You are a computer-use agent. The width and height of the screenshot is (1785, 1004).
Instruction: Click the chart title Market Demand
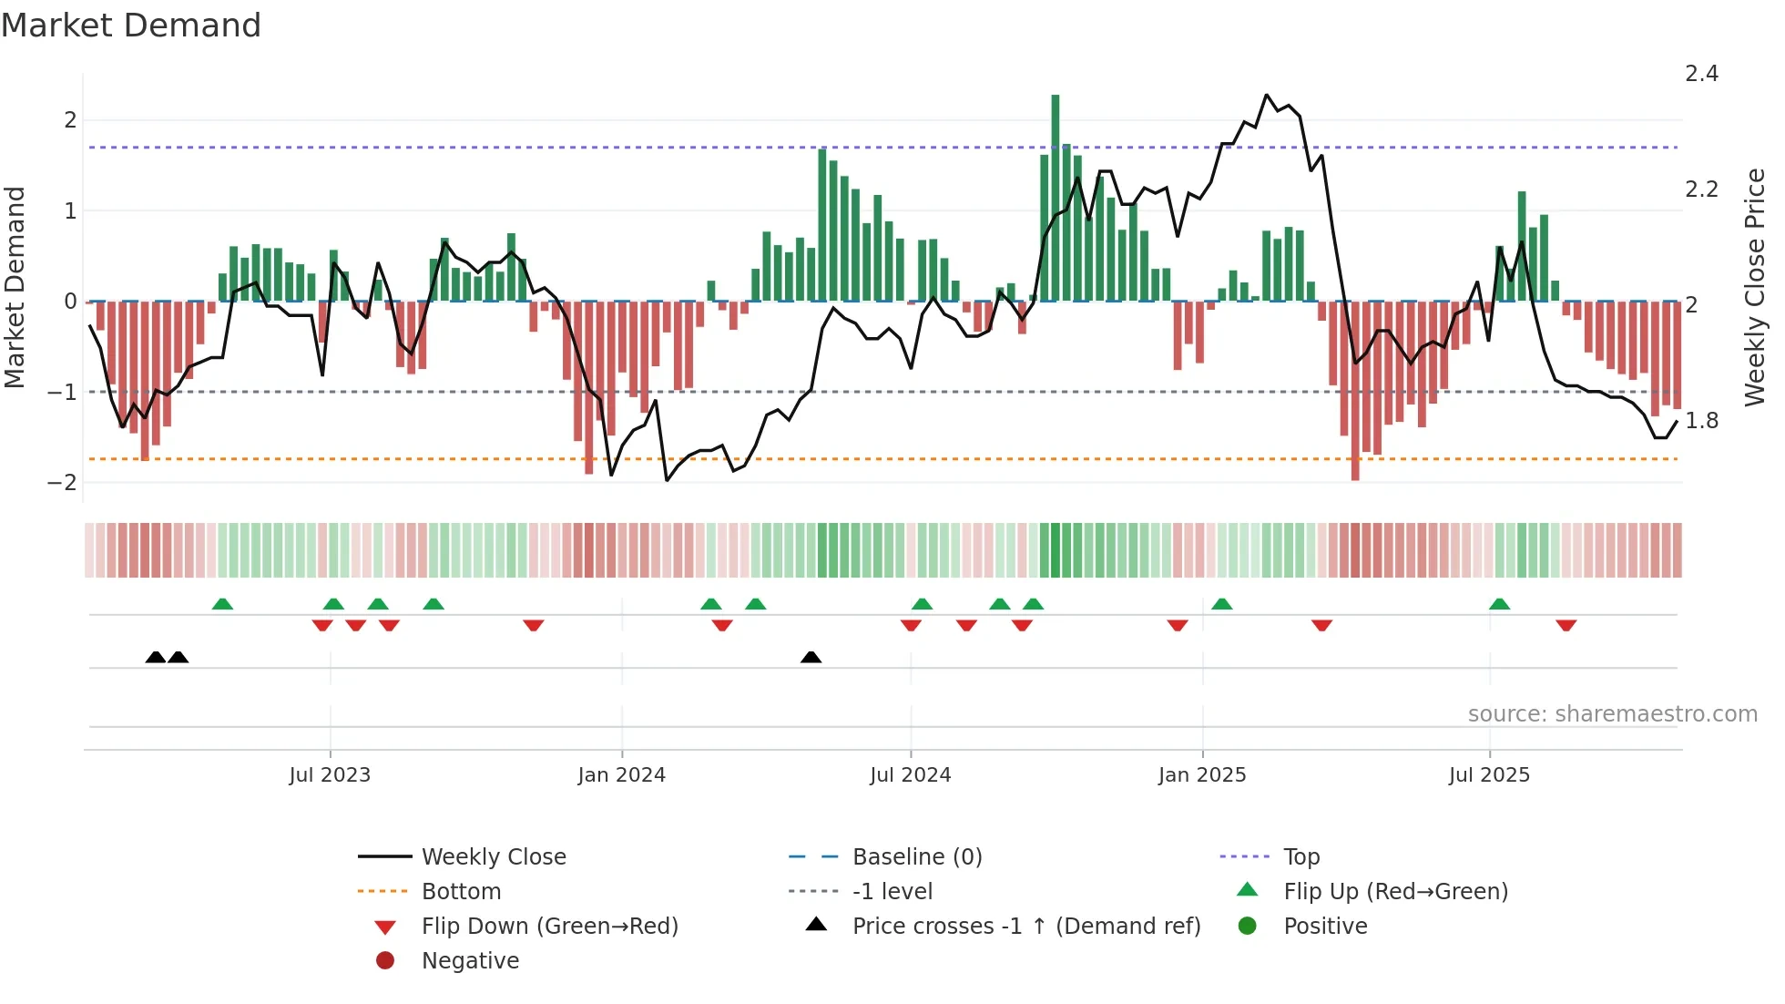pos(131,26)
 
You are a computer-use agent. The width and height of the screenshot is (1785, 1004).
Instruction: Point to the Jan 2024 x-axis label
pos(622,775)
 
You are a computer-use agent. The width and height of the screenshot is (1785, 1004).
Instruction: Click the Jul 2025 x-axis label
pos(1489,775)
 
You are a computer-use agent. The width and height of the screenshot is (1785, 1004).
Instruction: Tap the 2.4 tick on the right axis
pos(1701,74)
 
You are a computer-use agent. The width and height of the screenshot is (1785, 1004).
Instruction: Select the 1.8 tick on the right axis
pos(1701,421)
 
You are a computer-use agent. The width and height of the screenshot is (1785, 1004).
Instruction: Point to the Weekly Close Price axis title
pos(1754,287)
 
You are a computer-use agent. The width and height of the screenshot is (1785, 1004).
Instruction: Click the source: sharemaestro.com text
pos(1612,714)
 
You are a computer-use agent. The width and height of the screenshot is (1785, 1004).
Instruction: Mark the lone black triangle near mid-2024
pos(811,657)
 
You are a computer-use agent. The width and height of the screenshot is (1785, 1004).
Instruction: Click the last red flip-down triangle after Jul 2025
pos(1566,625)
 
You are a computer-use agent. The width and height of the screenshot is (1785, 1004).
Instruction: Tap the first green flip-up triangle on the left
pos(222,604)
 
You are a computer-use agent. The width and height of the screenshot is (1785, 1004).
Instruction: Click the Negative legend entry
pos(469,960)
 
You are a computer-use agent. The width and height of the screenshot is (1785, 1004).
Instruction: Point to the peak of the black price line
pos(1266,95)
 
